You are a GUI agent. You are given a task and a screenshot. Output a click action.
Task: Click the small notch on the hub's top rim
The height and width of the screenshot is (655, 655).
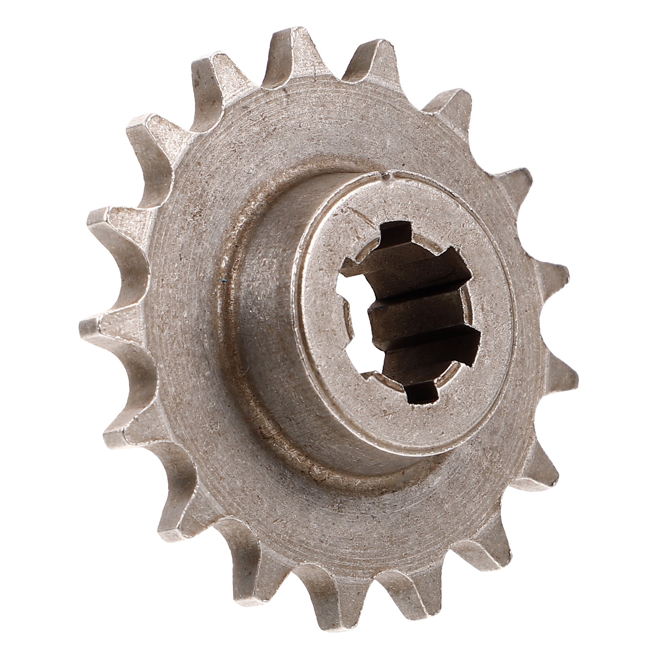click(383, 177)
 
